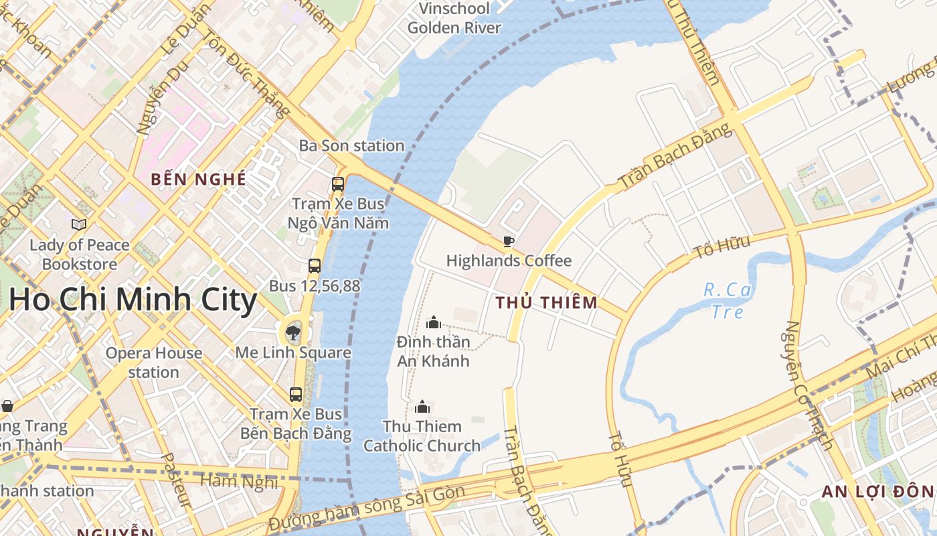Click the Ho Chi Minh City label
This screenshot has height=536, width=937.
pyautogui.click(x=133, y=299)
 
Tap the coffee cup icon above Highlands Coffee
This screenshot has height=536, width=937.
pyautogui.click(x=508, y=241)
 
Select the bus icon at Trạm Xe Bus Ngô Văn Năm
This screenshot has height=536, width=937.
pyautogui.click(x=338, y=184)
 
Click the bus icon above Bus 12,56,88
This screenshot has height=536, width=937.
pyautogui.click(x=315, y=266)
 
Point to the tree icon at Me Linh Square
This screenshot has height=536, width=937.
pyautogui.click(x=292, y=332)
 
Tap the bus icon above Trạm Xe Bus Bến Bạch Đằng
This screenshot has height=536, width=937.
pyautogui.click(x=296, y=395)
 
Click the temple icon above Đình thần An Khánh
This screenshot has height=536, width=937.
pyautogui.click(x=434, y=322)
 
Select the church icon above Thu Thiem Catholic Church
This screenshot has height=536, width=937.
pyautogui.click(x=422, y=407)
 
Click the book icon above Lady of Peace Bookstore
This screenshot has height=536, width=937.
pyautogui.click(x=79, y=225)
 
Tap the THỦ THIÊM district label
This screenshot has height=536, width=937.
pyautogui.click(x=547, y=302)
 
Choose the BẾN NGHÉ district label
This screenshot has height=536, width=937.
pyautogui.click(x=198, y=180)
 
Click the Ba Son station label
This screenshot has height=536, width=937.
pyautogui.click(x=351, y=145)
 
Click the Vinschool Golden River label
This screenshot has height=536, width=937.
pyautogui.click(x=454, y=18)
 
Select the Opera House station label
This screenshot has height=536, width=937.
pyautogui.click(x=154, y=362)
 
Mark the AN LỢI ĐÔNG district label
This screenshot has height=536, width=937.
pyautogui.click(x=877, y=491)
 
